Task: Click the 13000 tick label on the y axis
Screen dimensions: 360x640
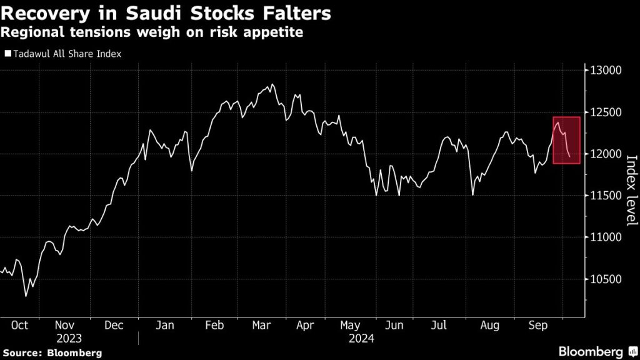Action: tap(604, 71)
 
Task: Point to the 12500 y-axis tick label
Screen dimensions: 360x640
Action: tap(604, 112)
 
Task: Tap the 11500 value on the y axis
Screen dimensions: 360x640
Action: tap(604, 196)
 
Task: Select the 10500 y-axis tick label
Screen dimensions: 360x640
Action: tap(604, 279)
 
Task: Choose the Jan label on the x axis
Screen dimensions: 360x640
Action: tap(164, 326)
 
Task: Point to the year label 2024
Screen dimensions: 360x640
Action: tap(361, 339)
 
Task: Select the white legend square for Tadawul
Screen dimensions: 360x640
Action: tap(7, 54)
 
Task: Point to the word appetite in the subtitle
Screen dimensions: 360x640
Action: tap(277, 31)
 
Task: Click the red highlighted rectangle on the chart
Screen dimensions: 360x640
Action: tap(567, 140)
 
